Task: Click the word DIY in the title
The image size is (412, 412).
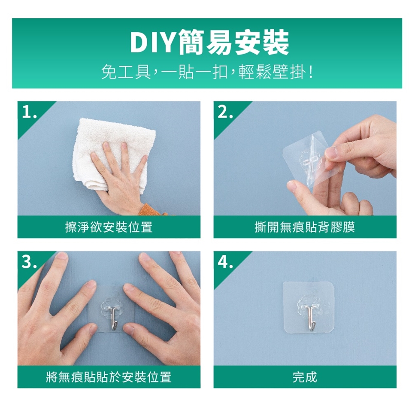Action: [153, 42]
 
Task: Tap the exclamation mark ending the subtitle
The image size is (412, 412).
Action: [311, 72]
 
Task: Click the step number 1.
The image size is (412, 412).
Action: [29, 112]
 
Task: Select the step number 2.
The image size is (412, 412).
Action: [225, 112]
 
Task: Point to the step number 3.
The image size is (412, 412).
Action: [29, 262]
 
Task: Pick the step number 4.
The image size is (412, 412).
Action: [225, 262]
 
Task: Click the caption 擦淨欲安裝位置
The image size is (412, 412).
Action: [109, 227]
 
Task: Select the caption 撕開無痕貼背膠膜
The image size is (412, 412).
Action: [305, 227]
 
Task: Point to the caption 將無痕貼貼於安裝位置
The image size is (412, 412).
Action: [109, 377]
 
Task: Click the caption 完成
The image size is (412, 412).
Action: [305, 377]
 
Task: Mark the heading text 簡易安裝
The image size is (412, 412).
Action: [234, 42]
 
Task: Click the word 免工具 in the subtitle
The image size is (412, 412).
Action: [126, 72]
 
